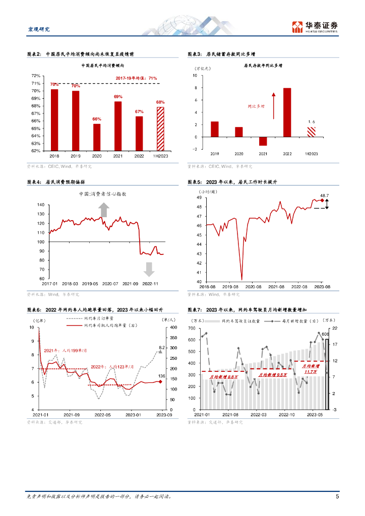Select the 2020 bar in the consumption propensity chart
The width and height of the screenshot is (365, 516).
click(x=96, y=137)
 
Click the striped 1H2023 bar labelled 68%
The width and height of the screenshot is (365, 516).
click(x=160, y=128)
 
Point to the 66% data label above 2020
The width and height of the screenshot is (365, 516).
click(x=96, y=119)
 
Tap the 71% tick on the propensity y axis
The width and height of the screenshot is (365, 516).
click(x=36, y=84)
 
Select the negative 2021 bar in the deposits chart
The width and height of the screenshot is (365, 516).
click(x=263, y=141)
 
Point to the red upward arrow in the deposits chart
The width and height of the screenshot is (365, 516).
click(x=273, y=106)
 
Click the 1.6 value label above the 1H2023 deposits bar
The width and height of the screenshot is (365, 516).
click(x=311, y=122)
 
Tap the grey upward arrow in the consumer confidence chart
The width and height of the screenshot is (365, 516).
click(x=103, y=209)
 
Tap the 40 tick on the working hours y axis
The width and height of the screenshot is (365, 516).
click(x=199, y=282)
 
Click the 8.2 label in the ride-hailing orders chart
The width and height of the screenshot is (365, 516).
click(x=162, y=347)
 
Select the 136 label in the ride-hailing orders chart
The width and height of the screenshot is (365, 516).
click(x=161, y=376)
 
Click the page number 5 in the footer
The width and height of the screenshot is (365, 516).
click(x=337, y=496)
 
